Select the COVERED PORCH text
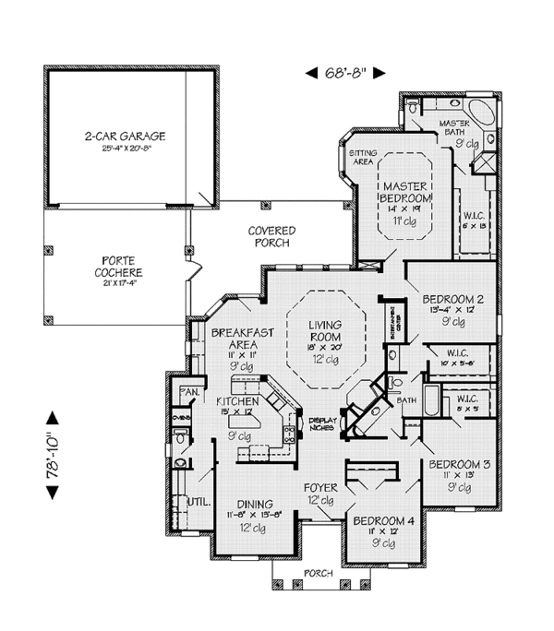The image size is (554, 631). point(271,236)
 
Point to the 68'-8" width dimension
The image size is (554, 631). point(344,72)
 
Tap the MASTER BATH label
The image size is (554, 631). point(454,127)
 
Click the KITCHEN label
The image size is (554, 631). point(236,402)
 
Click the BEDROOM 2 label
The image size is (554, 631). point(453,300)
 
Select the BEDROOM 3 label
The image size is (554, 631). point(459,463)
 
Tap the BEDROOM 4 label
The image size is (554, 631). point(384,520)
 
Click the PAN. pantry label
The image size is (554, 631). point(190,391)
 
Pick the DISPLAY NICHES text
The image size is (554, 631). point(321,420)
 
